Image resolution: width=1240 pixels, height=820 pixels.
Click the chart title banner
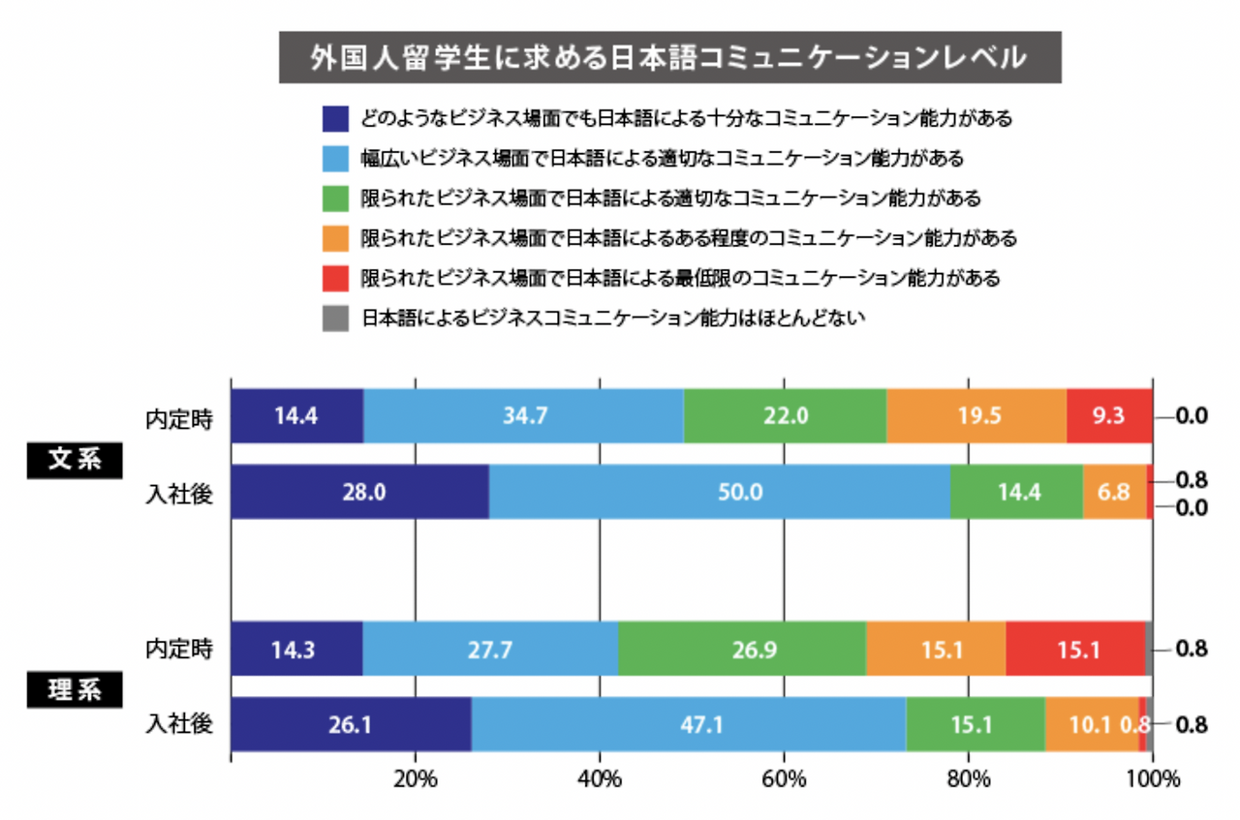669,57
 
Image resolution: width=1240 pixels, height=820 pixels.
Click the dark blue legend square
335,119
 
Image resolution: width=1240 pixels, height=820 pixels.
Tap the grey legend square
335,318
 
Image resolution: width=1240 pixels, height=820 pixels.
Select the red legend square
335,278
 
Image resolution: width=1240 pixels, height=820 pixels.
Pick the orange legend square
335,238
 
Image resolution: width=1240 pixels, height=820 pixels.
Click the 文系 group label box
75,460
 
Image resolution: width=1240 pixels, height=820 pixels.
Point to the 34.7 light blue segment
523,417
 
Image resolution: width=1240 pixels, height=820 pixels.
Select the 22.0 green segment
785,417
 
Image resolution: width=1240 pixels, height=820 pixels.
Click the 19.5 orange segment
976,417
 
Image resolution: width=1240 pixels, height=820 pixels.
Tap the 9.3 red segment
1109,417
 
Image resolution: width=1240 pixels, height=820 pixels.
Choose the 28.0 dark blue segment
359,492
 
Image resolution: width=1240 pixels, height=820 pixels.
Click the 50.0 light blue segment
719,492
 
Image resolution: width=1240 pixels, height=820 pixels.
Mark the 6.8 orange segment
1114,492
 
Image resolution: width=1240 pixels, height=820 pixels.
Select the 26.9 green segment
742,649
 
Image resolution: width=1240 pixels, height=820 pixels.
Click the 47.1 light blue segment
688,723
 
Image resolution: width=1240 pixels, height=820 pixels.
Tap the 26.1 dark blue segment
351,723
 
